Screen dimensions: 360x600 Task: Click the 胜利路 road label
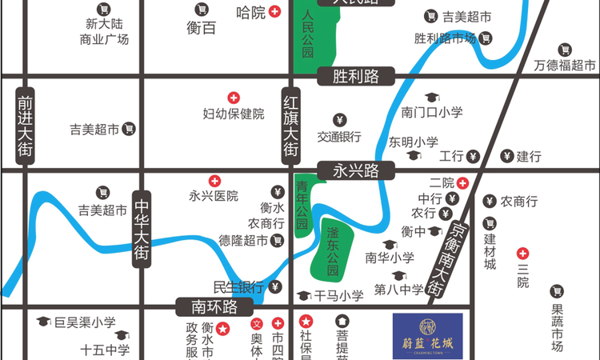click(x=349, y=77)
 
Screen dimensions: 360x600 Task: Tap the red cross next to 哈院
click(x=275, y=12)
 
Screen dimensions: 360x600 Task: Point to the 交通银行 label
click(x=339, y=136)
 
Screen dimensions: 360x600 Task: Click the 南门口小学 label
click(x=432, y=113)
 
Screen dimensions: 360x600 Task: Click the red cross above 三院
click(x=522, y=252)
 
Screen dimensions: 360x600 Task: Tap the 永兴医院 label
click(x=214, y=195)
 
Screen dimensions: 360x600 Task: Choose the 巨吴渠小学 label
click(x=85, y=323)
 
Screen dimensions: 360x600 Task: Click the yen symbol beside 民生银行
click(x=276, y=286)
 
